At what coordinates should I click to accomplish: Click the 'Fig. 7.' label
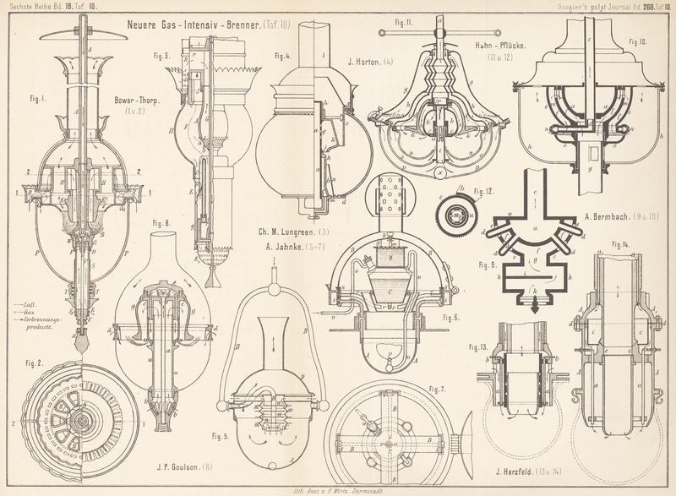click(x=438, y=389)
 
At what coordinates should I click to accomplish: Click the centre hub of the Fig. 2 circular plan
click(x=82, y=421)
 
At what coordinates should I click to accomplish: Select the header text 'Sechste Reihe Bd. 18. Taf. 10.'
click(x=51, y=4)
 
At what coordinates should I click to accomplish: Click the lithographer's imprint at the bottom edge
click(x=338, y=489)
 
